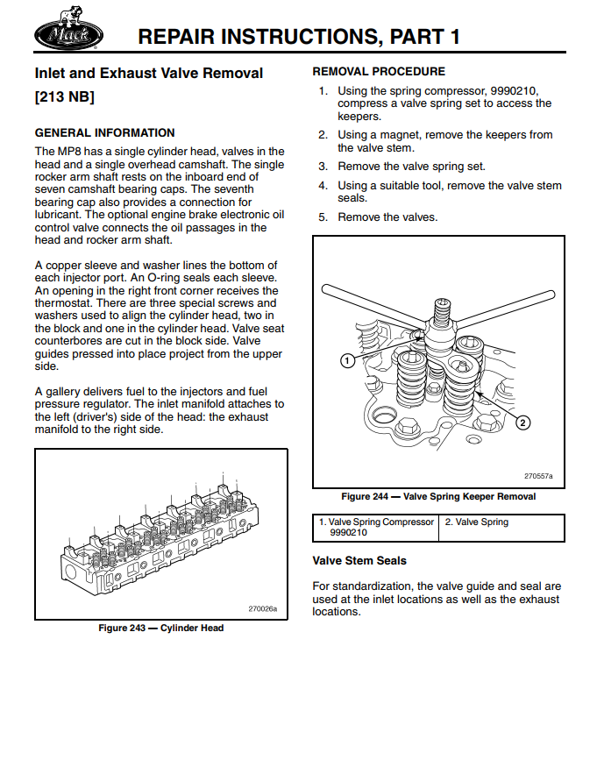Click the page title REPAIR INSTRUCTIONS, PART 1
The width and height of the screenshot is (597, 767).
[299, 36]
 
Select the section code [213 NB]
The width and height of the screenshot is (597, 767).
[65, 96]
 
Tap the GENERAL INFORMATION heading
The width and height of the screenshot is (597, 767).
[104, 133]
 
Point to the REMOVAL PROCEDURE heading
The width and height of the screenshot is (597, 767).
[379, 72]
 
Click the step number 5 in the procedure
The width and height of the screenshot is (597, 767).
[323, 217]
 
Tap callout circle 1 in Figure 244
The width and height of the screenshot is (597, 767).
[347, 360]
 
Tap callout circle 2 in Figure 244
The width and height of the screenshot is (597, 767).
[522, 423]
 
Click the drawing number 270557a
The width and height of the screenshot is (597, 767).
[538, 476]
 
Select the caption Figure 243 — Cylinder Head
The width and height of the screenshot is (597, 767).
[160, 628]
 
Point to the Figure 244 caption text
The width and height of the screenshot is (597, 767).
[438, 496]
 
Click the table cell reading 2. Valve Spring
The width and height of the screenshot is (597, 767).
[477, 522]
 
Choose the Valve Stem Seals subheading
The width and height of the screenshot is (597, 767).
[359, 561]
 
